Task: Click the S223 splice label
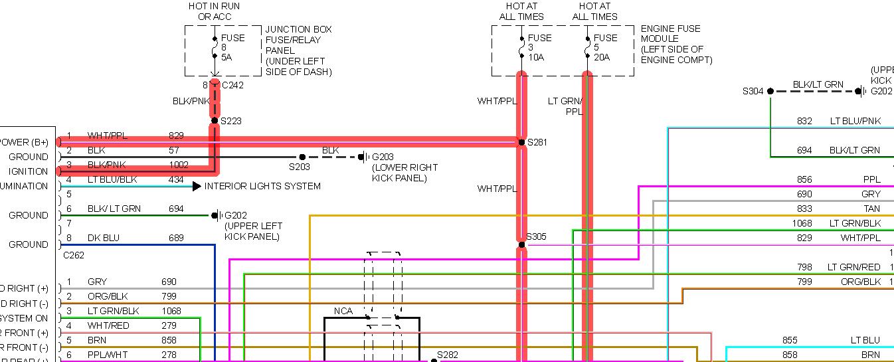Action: (x=231, y=121)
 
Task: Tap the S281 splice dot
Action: (x=521, y=142)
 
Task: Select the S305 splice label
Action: (x=536, y=236)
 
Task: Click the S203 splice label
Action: (x=300, y=167)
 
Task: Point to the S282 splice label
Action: (x=448, y=355)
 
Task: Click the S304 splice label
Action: (x=753, y=91)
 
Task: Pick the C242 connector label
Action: (x=232, y=85)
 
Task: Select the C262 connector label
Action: (x=74, y=254)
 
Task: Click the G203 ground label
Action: (x=383, y=157)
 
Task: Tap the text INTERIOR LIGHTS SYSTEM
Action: (x=262, y=186)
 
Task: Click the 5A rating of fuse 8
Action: (x=227, y=57)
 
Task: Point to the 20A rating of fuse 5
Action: (x=602, y=57)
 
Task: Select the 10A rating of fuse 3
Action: (x=537, y=57)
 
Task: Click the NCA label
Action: (x=343, y=311)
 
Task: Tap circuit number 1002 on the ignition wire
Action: (x=179, y=165)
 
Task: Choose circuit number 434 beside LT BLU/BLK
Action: (x=176, y=179)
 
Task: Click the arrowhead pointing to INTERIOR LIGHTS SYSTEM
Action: (x=197, y=186)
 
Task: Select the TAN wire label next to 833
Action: (x=871, y=209)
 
